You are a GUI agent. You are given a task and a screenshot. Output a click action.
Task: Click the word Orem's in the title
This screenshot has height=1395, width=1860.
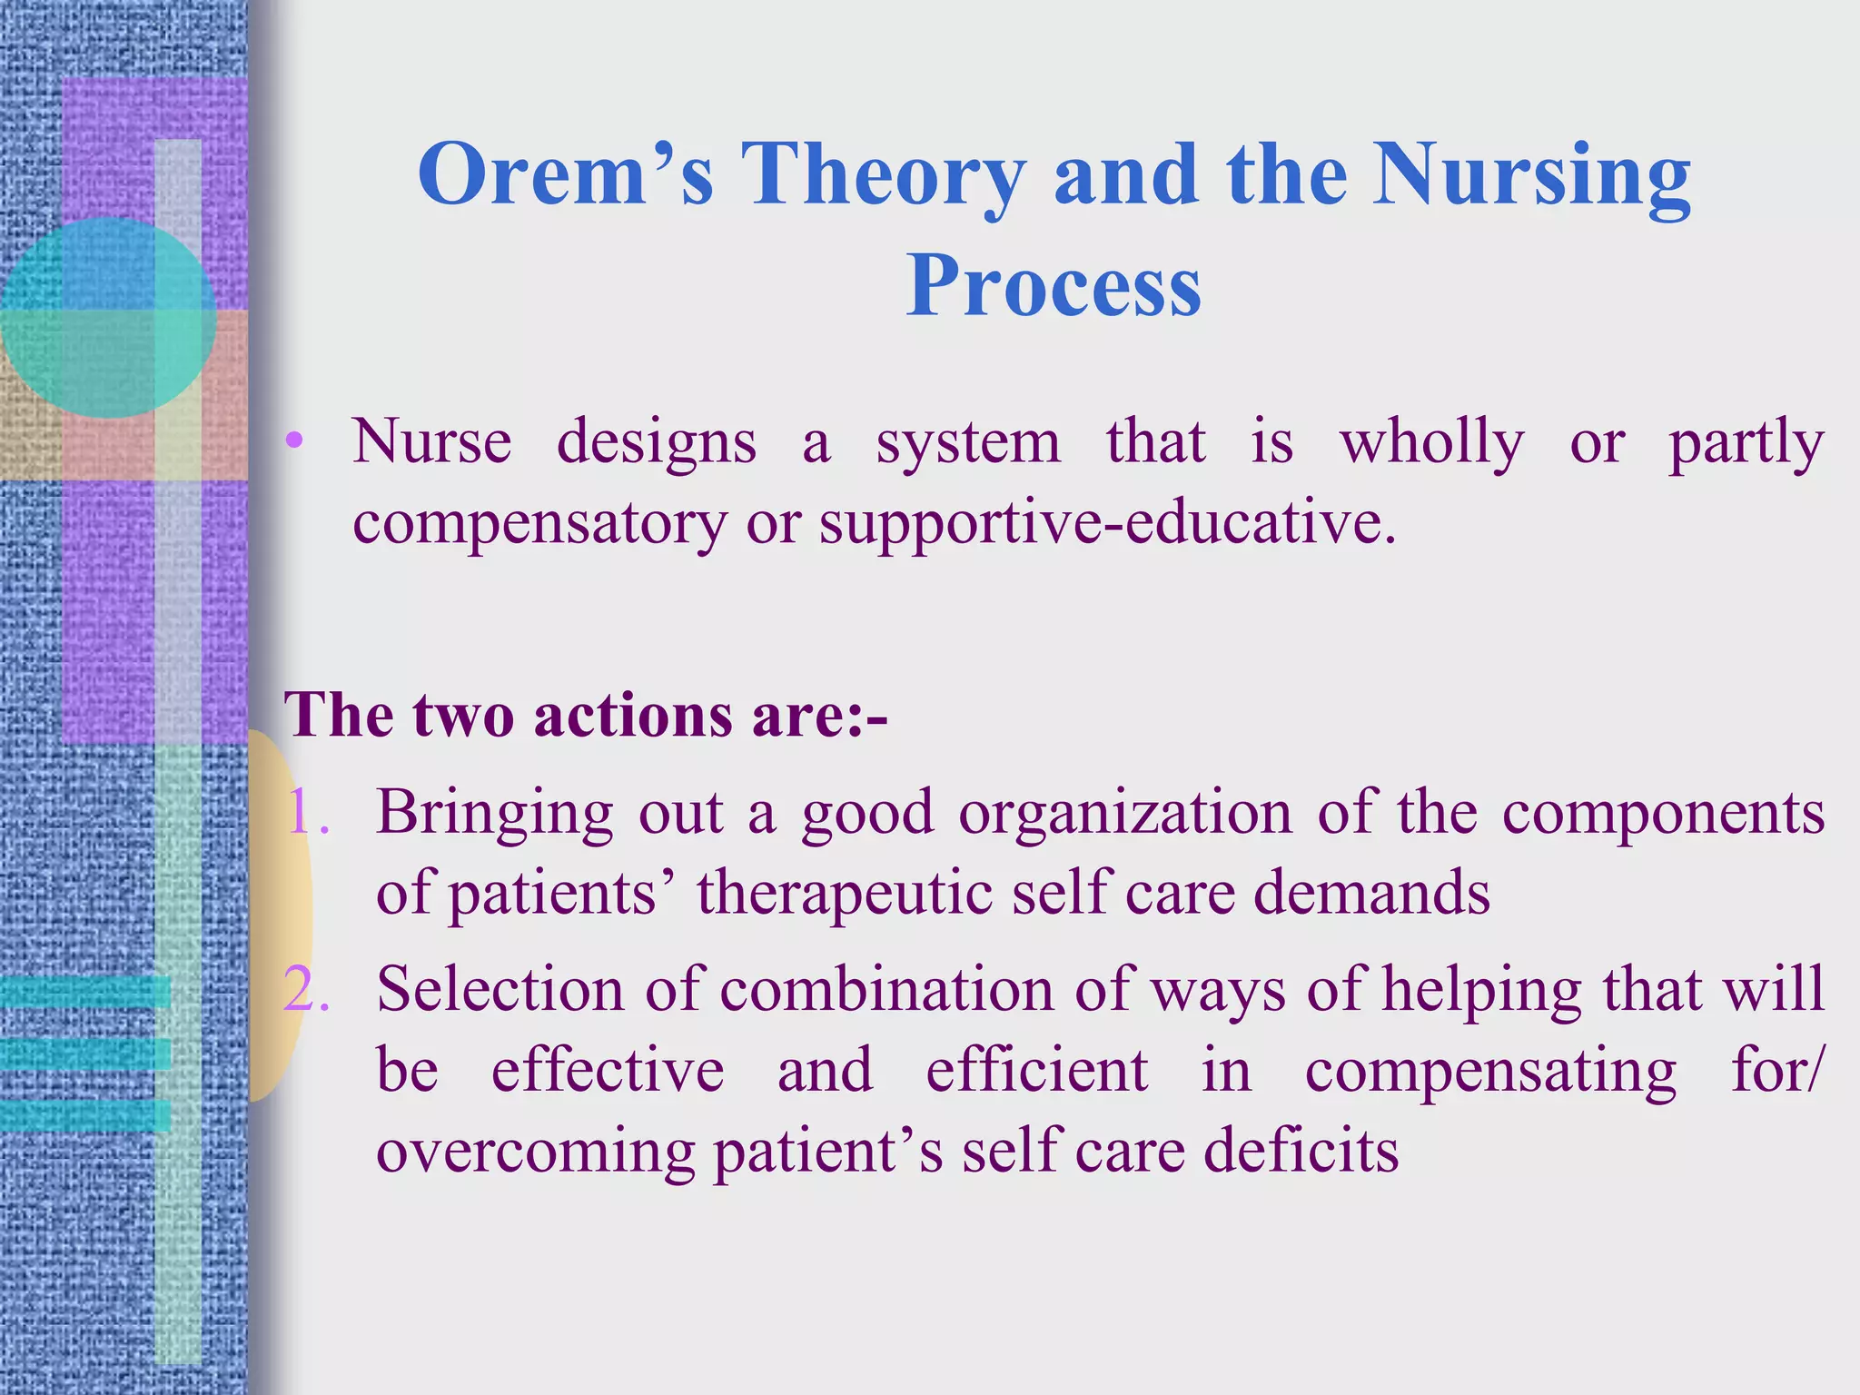coord(565,174)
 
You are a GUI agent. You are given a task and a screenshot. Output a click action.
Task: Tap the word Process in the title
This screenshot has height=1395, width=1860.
coord(1054,286)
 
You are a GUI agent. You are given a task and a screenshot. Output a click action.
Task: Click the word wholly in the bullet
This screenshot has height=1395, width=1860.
coord(1432,442)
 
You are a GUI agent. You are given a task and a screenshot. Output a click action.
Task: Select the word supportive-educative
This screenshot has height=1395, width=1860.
coord(1106,523)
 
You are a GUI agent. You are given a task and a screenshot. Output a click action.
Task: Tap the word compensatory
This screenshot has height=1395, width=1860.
coord(539,523)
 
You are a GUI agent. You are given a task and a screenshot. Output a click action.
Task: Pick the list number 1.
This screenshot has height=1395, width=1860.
coord(305,812)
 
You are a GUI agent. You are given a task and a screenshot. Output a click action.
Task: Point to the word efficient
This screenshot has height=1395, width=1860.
coord(1036,1070)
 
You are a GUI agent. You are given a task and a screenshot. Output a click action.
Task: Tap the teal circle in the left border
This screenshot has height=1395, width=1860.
coord(107,318)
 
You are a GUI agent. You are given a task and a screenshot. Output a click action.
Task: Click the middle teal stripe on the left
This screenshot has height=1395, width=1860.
coord(84,1054)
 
